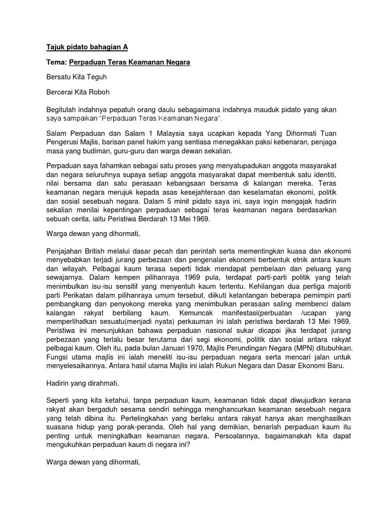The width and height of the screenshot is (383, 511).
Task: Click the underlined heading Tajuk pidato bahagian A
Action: (87, 47)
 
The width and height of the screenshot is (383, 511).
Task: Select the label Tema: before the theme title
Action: (57, 62)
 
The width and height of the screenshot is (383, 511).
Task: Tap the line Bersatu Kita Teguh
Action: (76, 77)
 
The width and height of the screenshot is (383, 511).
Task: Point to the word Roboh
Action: (99, 92)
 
